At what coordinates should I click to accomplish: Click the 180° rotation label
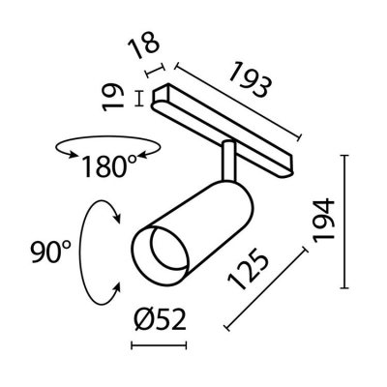click(x=109, y=165)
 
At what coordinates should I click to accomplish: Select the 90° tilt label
click(x=50, y=253)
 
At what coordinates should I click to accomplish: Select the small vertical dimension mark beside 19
click(x=141, y=99)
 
